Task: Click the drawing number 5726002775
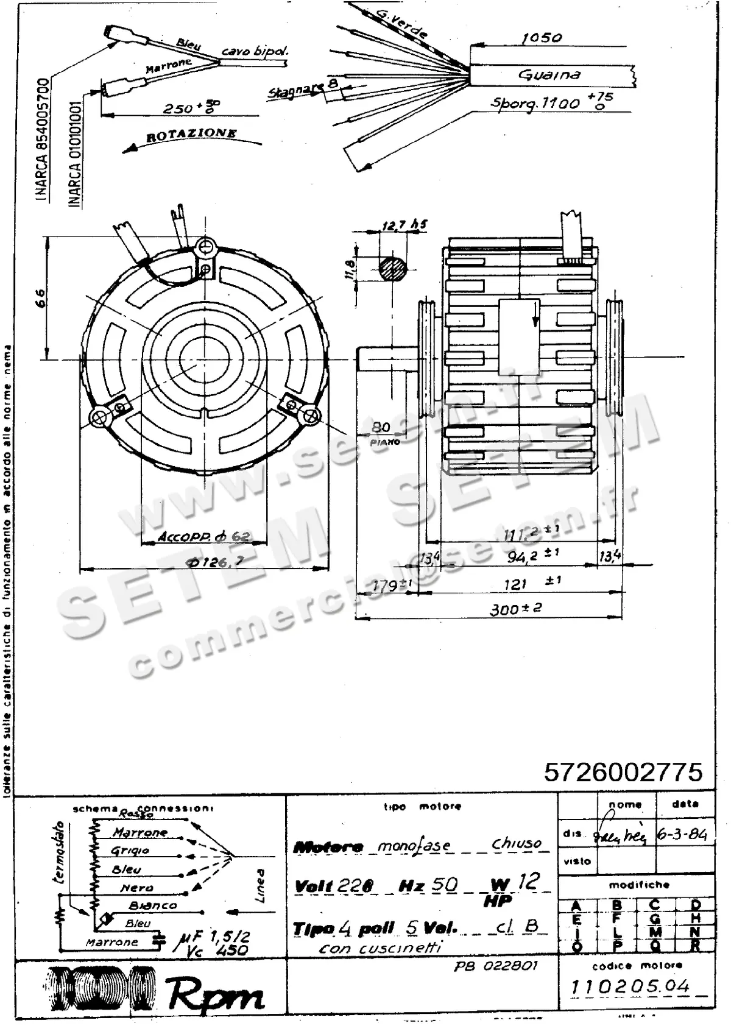click(x=623, y=772)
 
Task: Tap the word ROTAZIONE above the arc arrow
click(x=191, y=134)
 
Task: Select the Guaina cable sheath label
click(x=549, y=75)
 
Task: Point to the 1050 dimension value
click(x=541, y=38)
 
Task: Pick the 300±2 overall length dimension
click(x=516, y=609)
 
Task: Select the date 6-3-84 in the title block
click(x=682, y=835)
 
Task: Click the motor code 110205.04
click(x=630, y=986)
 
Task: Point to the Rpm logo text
click(x=216, y=995)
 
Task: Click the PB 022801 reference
click(x=496, y=966)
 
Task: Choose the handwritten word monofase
click(x=414, y=846)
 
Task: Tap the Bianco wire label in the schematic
click(x=152, y=905)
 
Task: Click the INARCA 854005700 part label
click(x=43, y=140)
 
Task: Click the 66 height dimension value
click(x=40, y=298)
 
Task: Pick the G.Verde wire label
click(x=401, y=23)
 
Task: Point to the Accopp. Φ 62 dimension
click(x=203, y=537)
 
